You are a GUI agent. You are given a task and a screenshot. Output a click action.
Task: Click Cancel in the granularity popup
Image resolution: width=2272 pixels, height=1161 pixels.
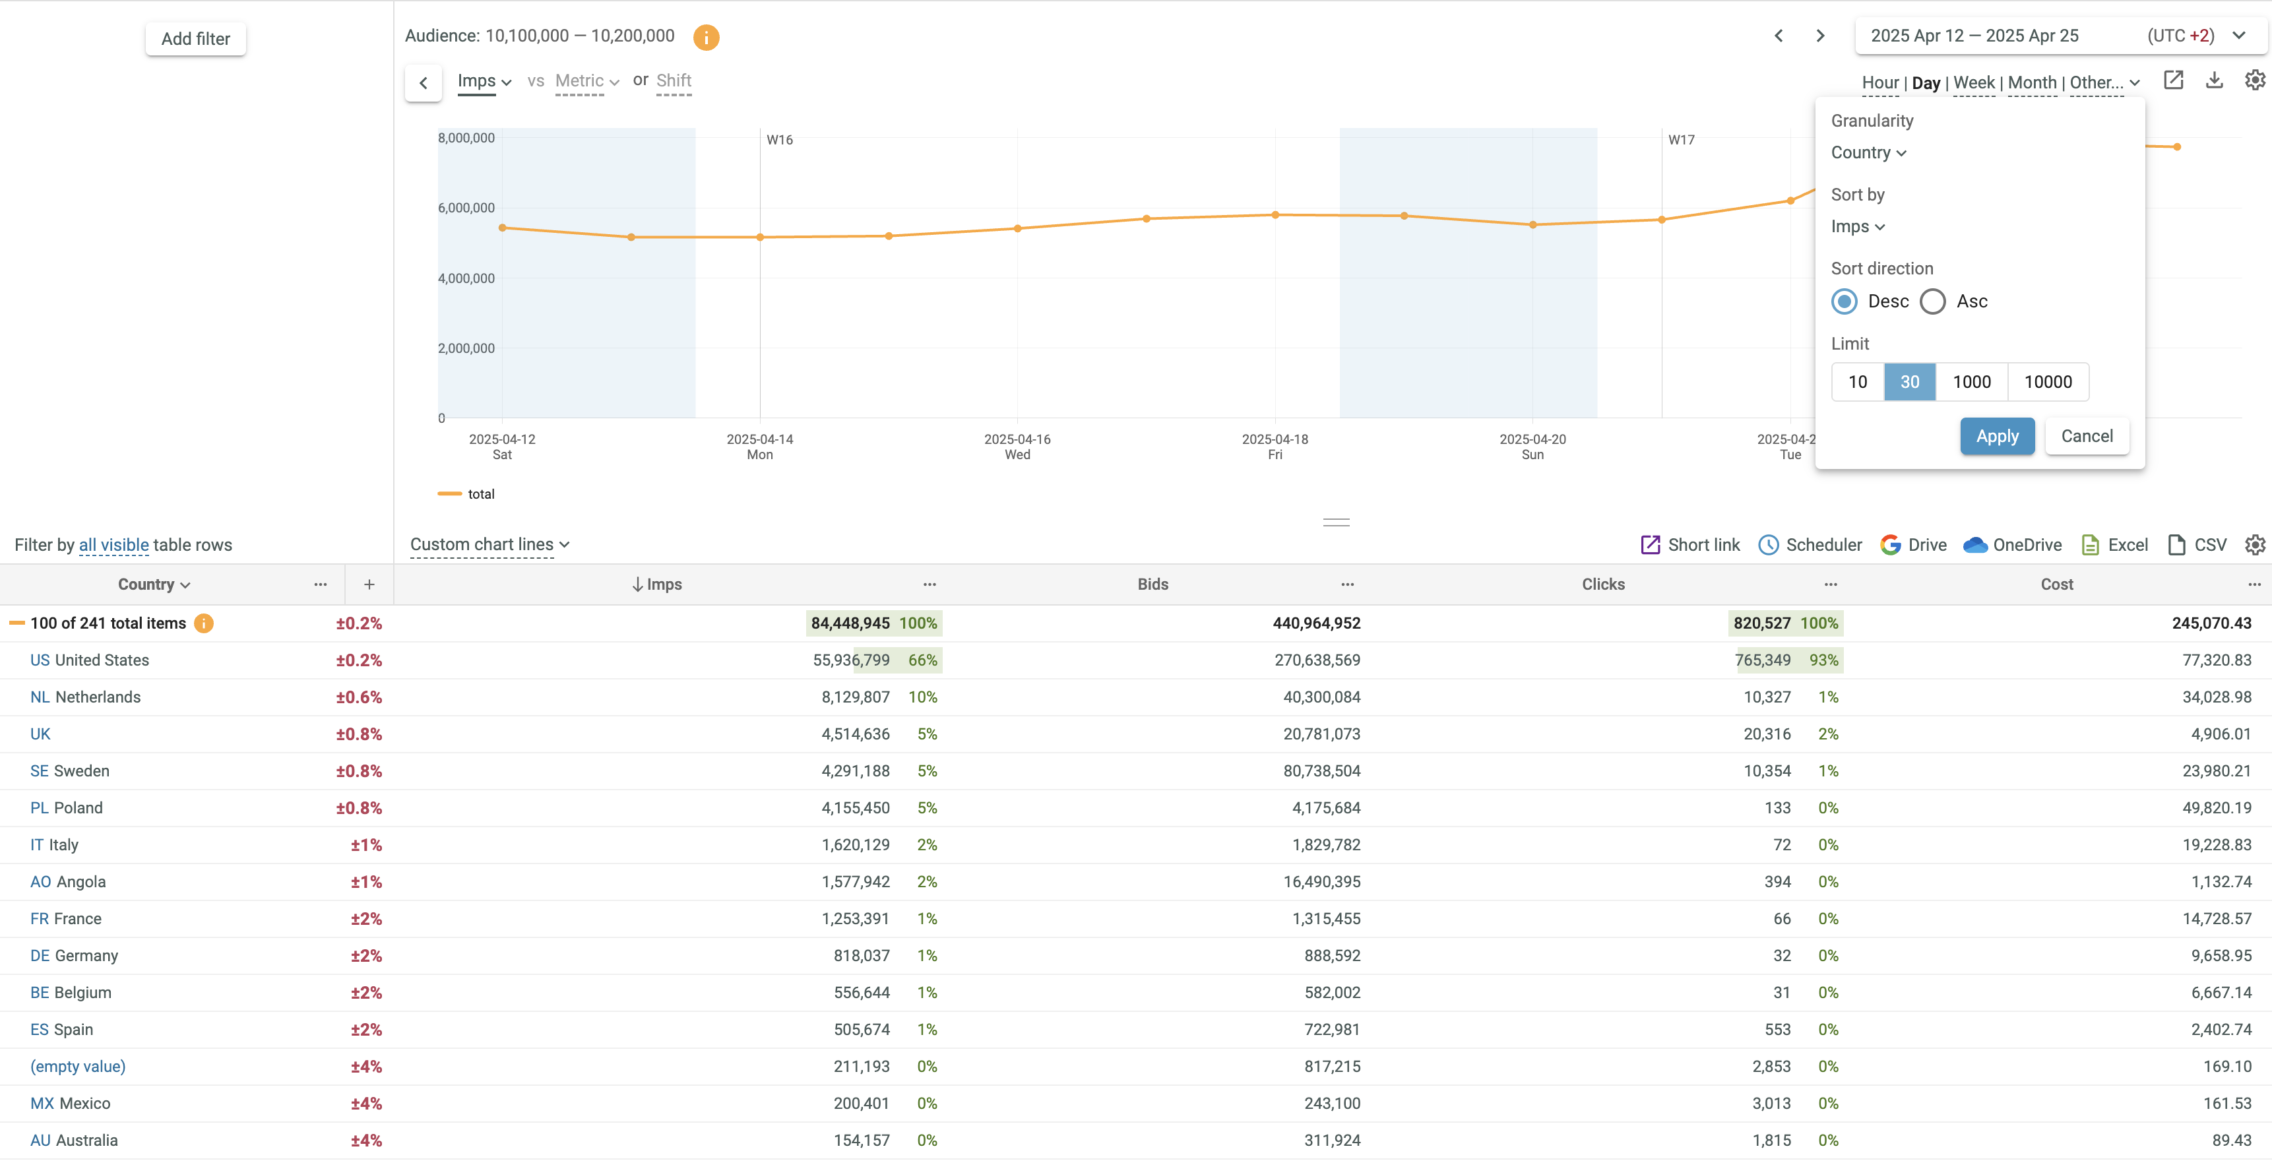point(2086,436)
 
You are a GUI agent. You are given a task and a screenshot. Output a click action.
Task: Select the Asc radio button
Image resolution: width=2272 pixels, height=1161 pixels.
point(1932,301)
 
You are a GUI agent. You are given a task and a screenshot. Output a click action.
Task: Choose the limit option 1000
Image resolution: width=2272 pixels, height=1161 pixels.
point(1971,382)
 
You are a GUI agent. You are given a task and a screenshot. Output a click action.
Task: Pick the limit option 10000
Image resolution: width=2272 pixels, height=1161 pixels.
point(2047,382)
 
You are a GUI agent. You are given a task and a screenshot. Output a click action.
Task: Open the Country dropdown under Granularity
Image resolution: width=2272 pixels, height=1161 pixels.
point(1868,152)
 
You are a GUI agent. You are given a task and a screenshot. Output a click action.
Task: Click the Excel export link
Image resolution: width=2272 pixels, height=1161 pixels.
point(2115,546)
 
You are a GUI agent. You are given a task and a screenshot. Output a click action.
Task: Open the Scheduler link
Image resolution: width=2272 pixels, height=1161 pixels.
point(1811,546)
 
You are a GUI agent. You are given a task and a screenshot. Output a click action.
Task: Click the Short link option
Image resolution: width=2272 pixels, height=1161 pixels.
point(1690,546)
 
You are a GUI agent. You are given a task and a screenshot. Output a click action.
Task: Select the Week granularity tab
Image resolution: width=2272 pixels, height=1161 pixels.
point(1974,83)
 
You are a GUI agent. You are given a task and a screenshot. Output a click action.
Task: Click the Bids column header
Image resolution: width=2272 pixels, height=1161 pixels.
point(1152,584)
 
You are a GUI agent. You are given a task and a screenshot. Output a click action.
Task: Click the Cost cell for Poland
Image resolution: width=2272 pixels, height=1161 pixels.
point(2217,808)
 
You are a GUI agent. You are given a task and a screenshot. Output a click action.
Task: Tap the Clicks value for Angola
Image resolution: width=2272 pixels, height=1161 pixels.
point(1777,882)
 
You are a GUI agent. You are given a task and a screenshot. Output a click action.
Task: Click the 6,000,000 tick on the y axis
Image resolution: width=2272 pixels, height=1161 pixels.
point(466,208)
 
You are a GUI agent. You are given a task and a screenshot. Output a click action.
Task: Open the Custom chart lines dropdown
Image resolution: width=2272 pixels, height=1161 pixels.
point(489,546)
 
